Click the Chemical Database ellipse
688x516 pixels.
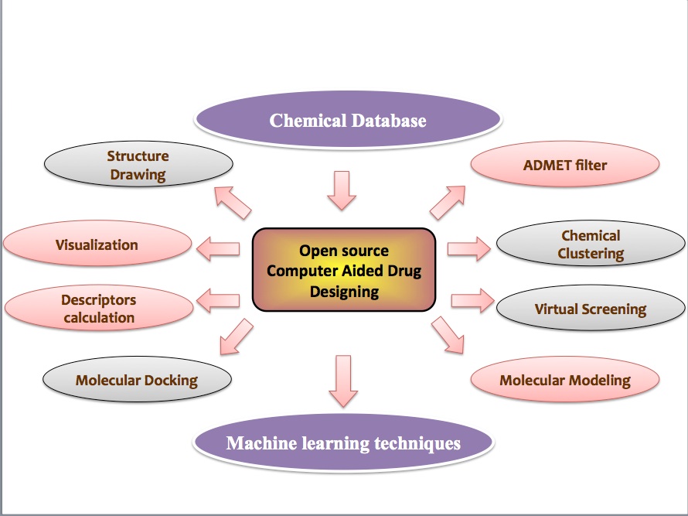coord(348,120)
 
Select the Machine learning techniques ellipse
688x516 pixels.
coord(343,443)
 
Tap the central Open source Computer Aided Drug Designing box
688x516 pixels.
coord(344,270)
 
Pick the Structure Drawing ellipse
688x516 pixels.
coord(138,164)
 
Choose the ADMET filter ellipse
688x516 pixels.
coord(565,164)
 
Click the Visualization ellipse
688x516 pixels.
coord(97,244)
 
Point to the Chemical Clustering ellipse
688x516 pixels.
coord(591,244)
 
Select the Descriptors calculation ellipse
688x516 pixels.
coord(99,308)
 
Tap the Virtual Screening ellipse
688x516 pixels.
coord(591,308)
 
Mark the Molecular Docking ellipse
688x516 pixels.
coord(137,379)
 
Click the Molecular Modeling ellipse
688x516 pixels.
coord(565,379)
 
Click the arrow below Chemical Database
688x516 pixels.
coord(342,190)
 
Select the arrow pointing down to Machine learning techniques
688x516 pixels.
coord(343,381)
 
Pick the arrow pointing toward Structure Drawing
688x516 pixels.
coord(233,203)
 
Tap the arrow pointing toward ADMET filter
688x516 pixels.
coord(448,203)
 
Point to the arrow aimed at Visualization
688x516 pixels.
coord(218,249)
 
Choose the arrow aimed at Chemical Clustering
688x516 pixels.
coord(469,249)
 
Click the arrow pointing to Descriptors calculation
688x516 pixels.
coord(218,301)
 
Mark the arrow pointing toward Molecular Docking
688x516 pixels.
coord(236,337)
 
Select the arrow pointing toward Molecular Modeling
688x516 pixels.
coord(448,335)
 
